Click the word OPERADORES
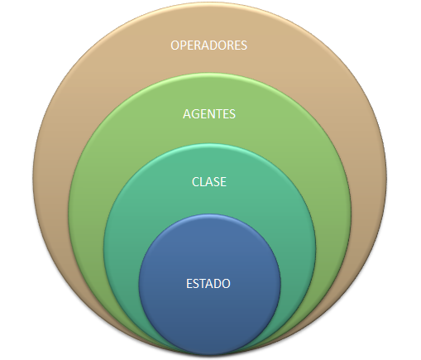[x=208, y=46]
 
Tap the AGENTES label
[x=209, y=114]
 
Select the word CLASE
[x=209, y=182]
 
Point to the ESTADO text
[x=208, y=284]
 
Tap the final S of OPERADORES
[x=244, y=46]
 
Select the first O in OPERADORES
[x=175, y=46]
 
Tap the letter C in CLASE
[x=195, y=182]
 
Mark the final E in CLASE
[x=224, y=182]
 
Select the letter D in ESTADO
[x=218, y=284]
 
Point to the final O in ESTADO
[x=226, y=284]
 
